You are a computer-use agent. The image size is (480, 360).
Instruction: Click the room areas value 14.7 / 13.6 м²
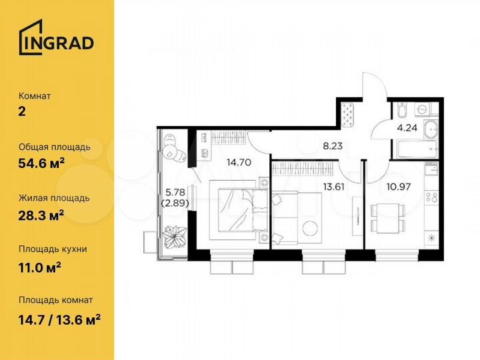tap(59, 315)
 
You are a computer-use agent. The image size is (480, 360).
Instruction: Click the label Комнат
tap(35, 95)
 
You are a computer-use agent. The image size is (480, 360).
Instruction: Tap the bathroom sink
tap(430, 129)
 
